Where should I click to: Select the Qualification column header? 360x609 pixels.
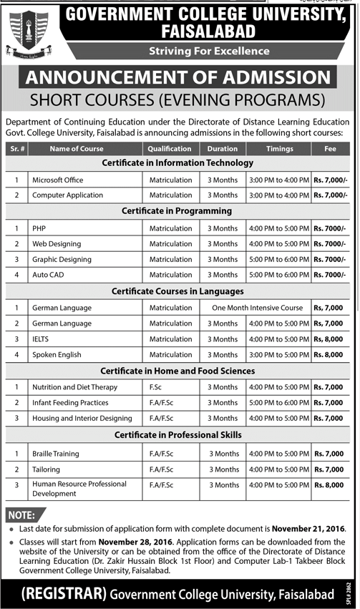(170, 149)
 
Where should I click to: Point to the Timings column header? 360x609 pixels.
(279, 149)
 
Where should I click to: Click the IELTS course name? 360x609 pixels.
(41, 339)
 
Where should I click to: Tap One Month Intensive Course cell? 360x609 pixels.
(257, 307)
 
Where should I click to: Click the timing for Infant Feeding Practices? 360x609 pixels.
(279, 402)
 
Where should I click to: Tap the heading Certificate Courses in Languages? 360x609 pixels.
(177, 291)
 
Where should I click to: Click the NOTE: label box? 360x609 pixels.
(22, 515)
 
